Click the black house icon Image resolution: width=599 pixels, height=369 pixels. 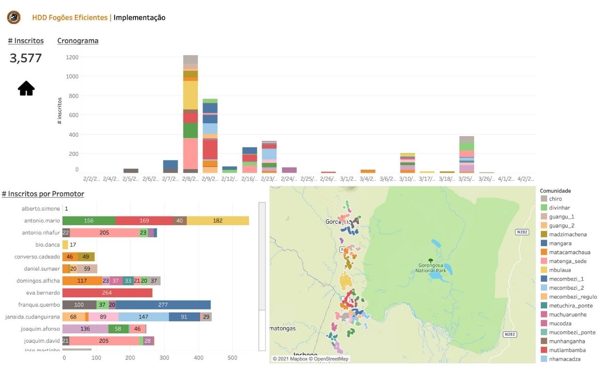[x=26, y=88]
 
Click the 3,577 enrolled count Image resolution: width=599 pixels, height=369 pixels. [x=26, y=58]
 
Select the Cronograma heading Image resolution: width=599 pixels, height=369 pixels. [x=78, y=41]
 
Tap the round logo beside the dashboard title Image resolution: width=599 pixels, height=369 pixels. [x=14, y=18]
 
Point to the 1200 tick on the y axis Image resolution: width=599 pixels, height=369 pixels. [x=72, y=57]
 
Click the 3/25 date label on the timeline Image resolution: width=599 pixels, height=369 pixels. [x=466, y=179]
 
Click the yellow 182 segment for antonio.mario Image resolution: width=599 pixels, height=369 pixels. [x=217, y=221]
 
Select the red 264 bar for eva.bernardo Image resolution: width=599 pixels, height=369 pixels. [x=107, y=292]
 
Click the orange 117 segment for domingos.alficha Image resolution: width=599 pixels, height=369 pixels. [x=82, y=280]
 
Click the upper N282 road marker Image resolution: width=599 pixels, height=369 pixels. [x=522, y=232]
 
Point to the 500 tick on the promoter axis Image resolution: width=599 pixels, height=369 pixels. [x=233, y=357]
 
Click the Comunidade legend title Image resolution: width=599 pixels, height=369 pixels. [x=555, y=190]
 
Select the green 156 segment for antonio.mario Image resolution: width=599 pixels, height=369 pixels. [x=89, y=221]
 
